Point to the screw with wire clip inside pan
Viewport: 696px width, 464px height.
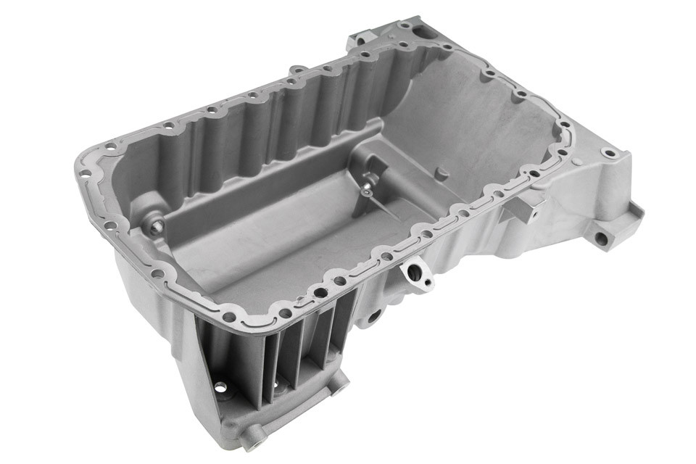pos(368,187)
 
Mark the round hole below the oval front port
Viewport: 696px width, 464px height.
pos(375,316)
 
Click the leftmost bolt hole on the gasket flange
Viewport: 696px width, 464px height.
pos(85,173)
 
